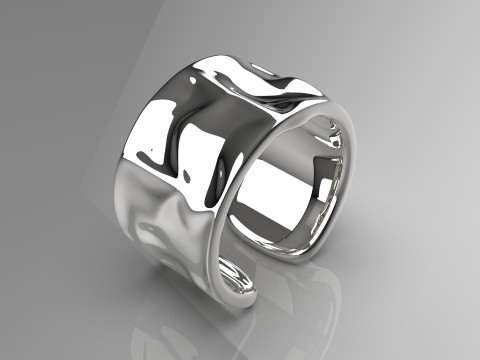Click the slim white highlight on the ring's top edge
[x=262, y=68]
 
